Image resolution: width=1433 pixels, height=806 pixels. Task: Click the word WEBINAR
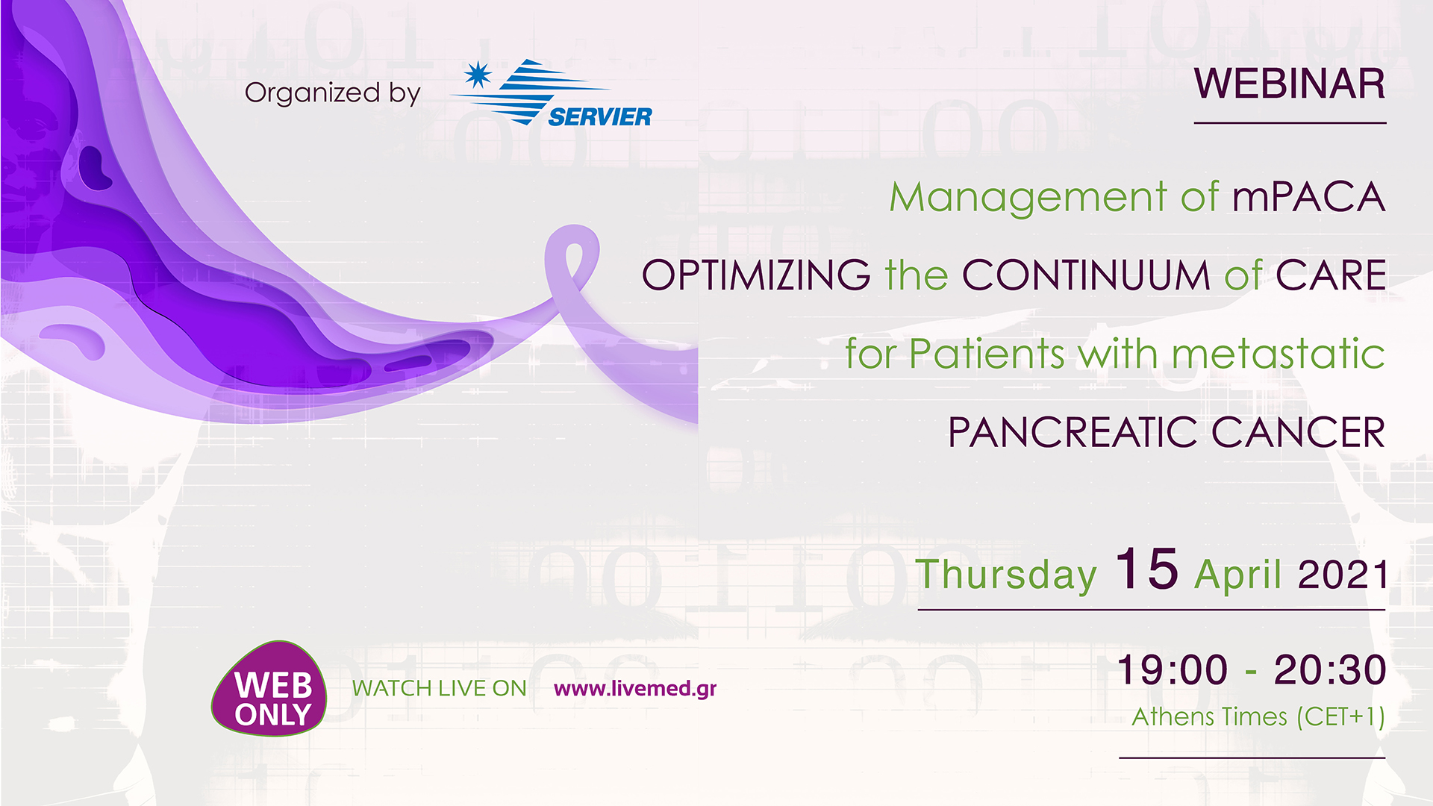tap(1289, 84)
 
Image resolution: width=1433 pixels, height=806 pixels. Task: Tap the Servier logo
tap(552, 94)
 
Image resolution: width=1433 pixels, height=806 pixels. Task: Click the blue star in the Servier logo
tap(478, 75)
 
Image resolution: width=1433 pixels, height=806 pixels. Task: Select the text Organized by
tap(332, 93)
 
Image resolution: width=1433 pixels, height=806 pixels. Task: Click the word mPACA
tap(1308, 198)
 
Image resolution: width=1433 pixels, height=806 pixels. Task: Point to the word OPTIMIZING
tap(755, 275)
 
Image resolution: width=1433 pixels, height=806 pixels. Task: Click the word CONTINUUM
tap(1085, 275)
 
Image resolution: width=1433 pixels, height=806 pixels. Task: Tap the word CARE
tap(1330, 275)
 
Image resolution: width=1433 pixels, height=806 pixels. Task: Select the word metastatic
tap(1278, 354)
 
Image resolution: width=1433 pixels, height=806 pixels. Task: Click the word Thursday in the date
tap(1006, 575)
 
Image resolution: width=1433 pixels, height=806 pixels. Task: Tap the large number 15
tap(1146, 570)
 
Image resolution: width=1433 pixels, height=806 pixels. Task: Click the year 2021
tap(1343, 575)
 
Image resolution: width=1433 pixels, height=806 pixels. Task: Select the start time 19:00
tap(1173, 669)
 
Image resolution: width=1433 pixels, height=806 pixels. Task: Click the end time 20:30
tap(1329, 669)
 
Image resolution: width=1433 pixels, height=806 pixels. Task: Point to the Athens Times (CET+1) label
tap(1258, 717)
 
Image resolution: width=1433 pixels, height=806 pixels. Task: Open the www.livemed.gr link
tap(634, 688)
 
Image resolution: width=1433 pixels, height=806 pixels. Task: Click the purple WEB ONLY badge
tap(270, 689)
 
